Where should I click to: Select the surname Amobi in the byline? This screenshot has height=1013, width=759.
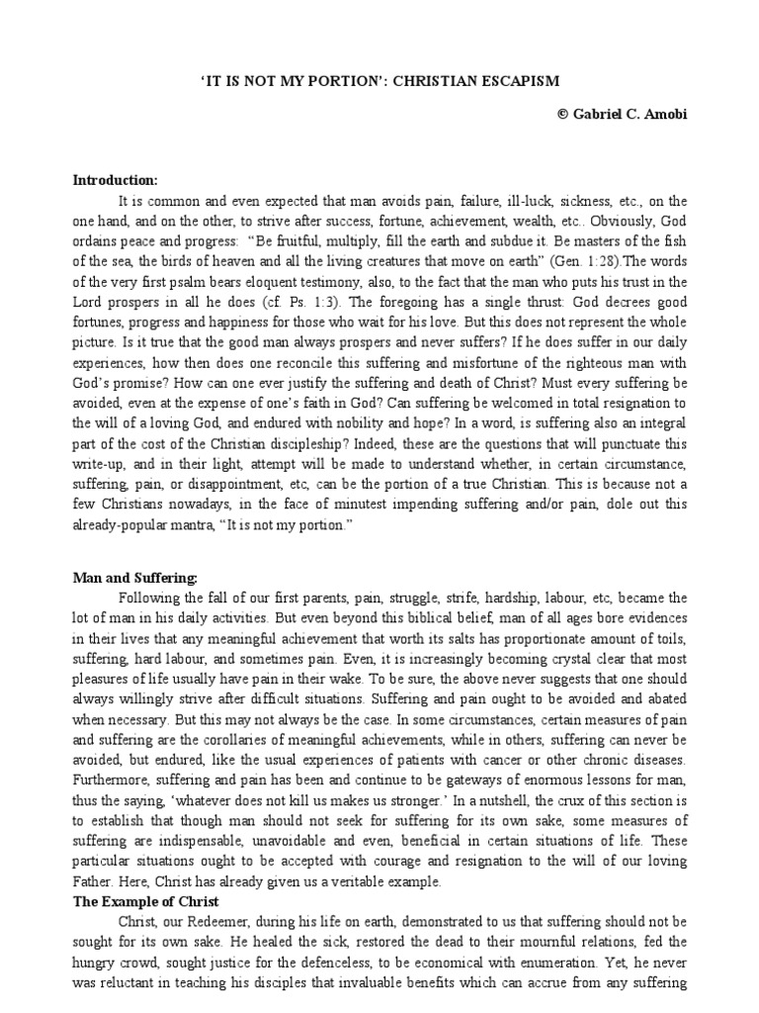pyautogui.click(x=666, y=115)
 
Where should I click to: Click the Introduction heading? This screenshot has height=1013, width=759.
pyautogui.click(x=116, y=180)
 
